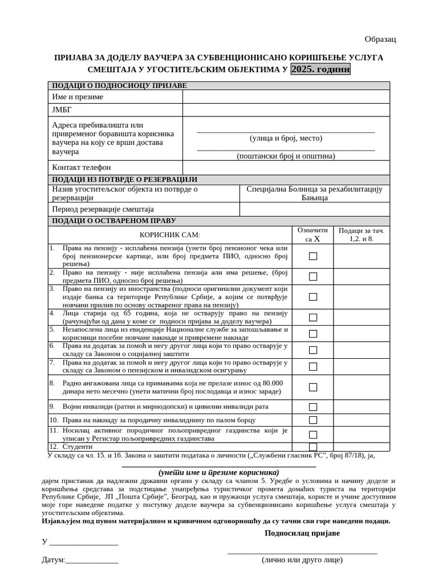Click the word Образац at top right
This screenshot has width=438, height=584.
tap(380, 39)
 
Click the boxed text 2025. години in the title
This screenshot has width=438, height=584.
tap(321, 69)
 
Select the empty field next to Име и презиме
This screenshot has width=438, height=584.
tap(286, 97)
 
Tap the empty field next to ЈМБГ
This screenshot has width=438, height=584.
tap(286, 110)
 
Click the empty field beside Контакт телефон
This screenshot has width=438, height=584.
tap(286, 168)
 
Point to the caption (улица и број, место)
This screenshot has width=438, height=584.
tap(286, 138)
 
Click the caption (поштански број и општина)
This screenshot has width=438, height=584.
tap(286, 156)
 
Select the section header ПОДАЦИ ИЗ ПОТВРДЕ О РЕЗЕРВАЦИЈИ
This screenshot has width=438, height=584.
tap(124, 180)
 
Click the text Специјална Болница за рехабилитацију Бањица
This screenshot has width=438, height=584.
tap(314, 193)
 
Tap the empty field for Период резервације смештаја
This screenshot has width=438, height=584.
tap(314, 209)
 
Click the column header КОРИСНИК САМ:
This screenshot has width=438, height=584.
tap(170, 235)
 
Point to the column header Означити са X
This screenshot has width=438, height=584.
tap(313, 234)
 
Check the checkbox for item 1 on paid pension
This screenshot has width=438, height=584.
tap(313, 257)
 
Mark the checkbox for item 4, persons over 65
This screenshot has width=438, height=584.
tap(313, 318)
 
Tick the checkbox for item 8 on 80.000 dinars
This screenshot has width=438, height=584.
tap(313, 387)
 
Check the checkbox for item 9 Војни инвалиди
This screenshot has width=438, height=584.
tap(313, 407)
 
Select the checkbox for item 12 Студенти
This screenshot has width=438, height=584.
tap(313, 447)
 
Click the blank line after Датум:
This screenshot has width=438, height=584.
tap(92, 561)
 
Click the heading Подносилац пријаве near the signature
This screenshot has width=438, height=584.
tap(302, 533)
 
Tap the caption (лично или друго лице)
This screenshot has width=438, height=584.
tap(302, 560)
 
